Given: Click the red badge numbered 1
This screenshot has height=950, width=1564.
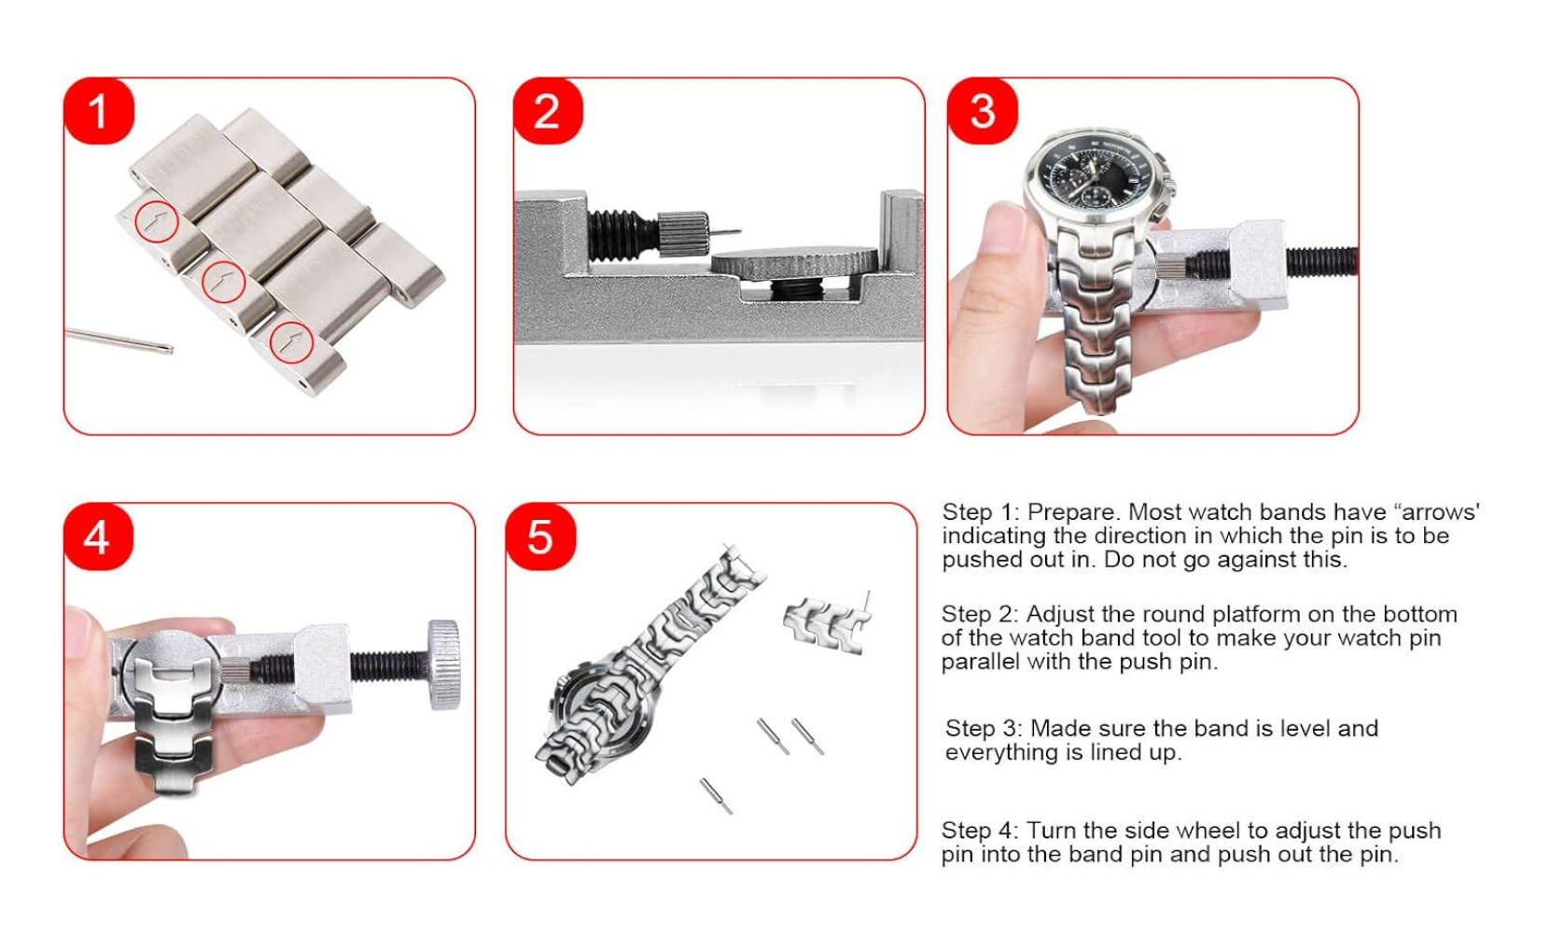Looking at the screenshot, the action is point(98,112).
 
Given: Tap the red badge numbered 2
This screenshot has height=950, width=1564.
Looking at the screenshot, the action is point(548,112).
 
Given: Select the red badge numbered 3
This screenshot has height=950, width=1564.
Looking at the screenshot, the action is point(983,112).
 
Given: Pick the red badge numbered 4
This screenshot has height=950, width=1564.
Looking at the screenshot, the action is point(98,537).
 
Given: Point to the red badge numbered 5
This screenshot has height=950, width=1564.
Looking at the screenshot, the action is point(540,537).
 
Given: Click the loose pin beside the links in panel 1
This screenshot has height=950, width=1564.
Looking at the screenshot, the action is point(119,341).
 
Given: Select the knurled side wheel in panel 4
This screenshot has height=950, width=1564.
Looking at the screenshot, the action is point(444,664).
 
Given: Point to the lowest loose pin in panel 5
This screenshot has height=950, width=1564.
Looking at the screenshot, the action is point(716,796).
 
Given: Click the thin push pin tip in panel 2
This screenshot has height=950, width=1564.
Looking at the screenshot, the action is point(725,232).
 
